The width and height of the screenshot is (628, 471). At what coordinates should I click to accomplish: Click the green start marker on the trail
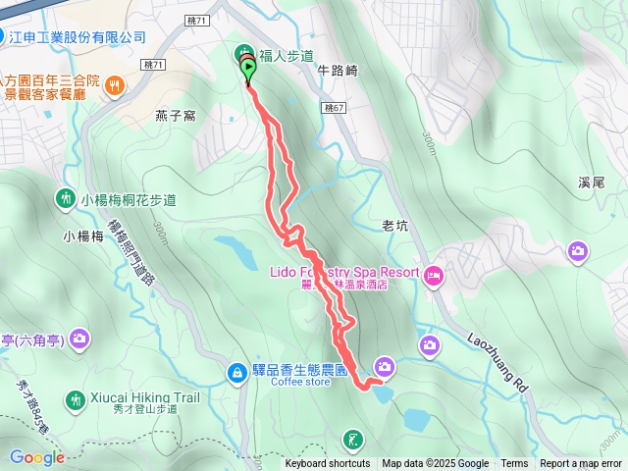tap(249, 69)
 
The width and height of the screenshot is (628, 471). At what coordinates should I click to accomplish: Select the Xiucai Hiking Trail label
tap(146, 397)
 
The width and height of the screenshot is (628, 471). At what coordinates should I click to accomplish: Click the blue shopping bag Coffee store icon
tap(236, 372)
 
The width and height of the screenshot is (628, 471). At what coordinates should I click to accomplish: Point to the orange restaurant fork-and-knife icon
tap(116, 85)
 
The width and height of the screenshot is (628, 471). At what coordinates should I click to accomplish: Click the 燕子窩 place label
tap(176, 116)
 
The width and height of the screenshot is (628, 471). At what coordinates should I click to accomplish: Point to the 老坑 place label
tap(394, 226)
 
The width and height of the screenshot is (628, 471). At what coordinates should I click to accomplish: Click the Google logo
tap(37, 457)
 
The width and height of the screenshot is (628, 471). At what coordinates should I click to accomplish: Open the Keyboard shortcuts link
tap(328, 464)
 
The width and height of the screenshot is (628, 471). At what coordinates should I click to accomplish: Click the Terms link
tap(514, 464)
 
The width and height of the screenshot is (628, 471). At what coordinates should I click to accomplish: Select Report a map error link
tap(581, 464)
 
